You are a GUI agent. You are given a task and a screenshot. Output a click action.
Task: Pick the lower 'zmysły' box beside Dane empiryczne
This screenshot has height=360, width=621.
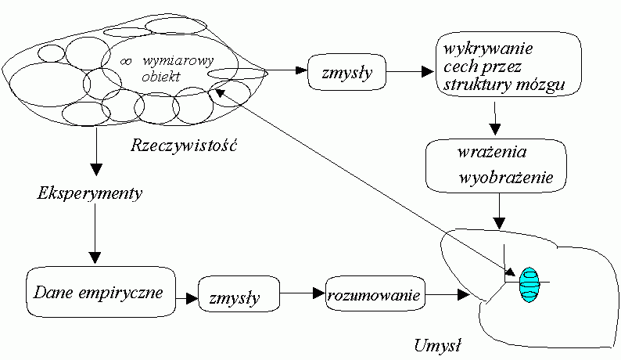pyautogui.click(x=239, y=296)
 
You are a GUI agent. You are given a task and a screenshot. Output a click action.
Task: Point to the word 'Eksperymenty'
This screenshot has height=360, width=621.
pyautogui.click(x=90, y=194)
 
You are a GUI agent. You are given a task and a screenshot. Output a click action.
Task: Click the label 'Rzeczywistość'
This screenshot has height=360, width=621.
pyautogui.click(x=185, y=146)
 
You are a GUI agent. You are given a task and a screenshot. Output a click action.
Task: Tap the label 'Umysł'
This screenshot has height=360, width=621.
pyautogui.click(x=437, y=343)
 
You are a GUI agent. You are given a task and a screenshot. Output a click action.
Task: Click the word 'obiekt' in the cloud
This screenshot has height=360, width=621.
pyautogui.click(x=160, y=77)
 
